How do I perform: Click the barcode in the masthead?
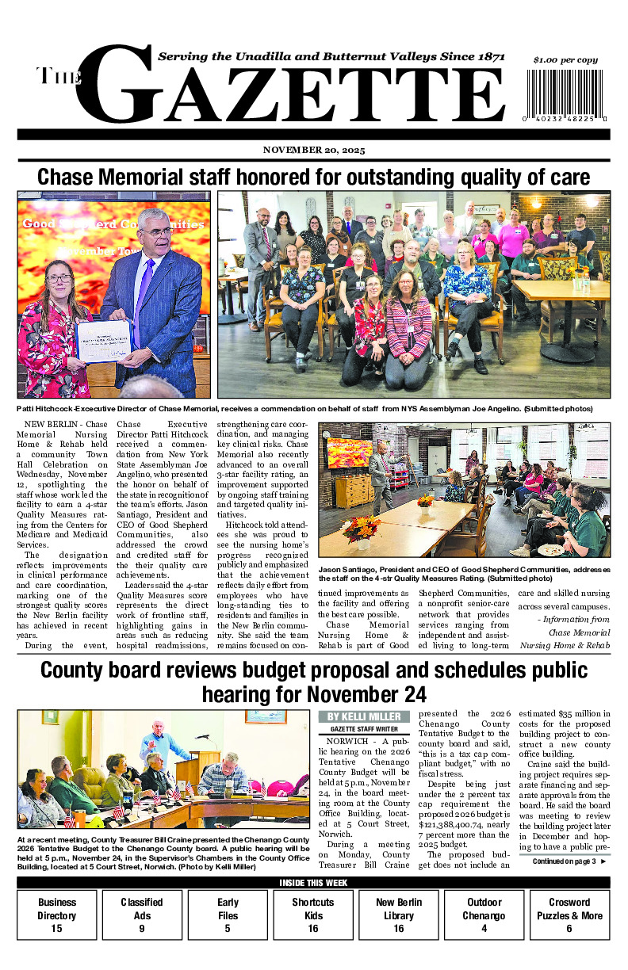click(566, 95)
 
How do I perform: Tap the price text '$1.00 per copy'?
click(565, 60)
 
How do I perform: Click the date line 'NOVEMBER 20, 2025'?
click(314, 151)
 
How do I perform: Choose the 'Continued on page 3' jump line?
click(569, 861)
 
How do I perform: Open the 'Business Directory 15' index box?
click(57, 915)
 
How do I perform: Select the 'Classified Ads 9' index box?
click(142, 915)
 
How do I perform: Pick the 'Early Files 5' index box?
click(228, 915)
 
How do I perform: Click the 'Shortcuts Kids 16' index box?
click(312, 915)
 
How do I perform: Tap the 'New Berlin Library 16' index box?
click(398, 915)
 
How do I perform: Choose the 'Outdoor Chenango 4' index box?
click(484, 915)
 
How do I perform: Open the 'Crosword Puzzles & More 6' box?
click(569, 915)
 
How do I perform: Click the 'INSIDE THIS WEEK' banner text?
click(314, 883)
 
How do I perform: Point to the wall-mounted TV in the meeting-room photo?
click(350, 453)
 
